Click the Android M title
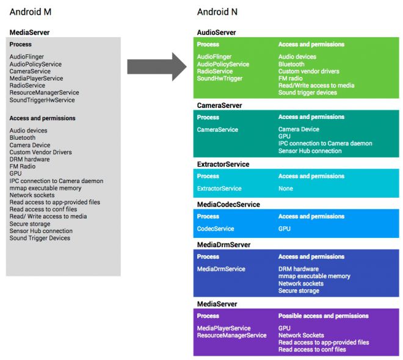[x=31, y=12]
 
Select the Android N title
[x=217, y=12]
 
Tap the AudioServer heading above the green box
[x=216, y=32]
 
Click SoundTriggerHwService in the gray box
[x=42, y=100]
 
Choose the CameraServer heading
[x=219, y=106]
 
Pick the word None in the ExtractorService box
[x=285, y=189]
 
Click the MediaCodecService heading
[x=228, y=204]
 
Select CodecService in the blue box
[x=215, y=229]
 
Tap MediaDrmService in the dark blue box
[x=221, y=268]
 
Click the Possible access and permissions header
[x=323, y=316]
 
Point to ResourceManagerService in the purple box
[x=231, y=336]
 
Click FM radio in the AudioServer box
[x=291, y=78]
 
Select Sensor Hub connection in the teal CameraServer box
[x=310, y=151]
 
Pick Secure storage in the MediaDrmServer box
[x=299, y=291]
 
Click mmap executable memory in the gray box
[x=45, y=188]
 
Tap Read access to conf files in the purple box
[x=311, y=350]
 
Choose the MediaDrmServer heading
[x=224, y=245]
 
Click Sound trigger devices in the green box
[x=307, y=93]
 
